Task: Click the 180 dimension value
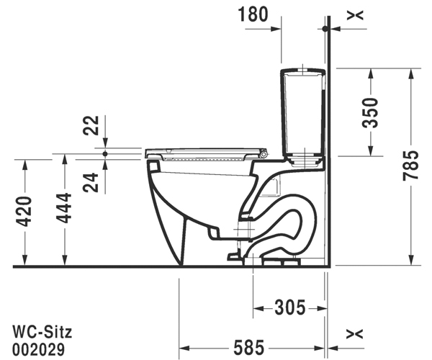[253, 14]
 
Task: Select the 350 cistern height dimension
[370, 112]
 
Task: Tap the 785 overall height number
[410, 166]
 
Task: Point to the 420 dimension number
[24, 212]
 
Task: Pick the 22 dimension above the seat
[91, 125]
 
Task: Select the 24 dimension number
[91, 182]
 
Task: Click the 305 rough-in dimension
[290, 307]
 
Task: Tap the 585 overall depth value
[249, 347]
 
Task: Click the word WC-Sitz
[42, 332]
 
